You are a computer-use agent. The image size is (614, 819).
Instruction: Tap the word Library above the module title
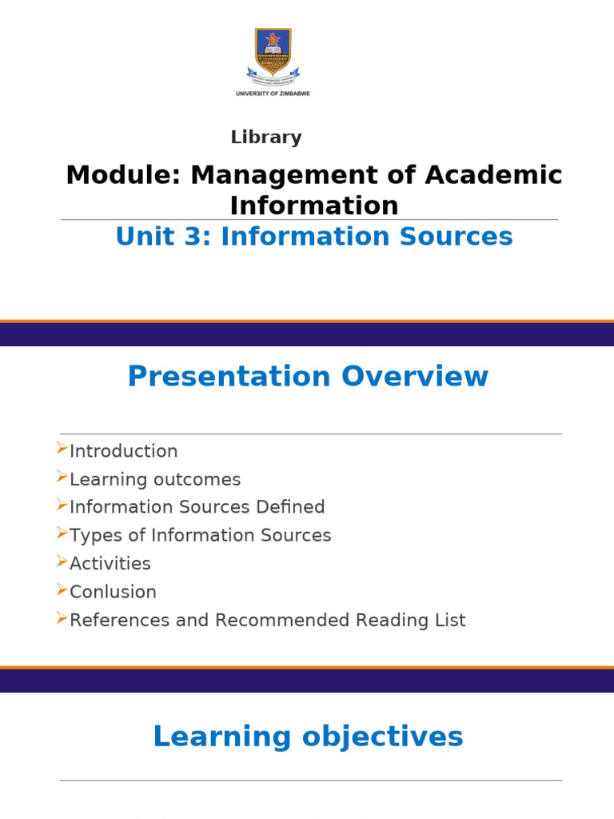tap(266, 138)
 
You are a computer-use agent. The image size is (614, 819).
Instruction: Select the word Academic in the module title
tap(496, 175)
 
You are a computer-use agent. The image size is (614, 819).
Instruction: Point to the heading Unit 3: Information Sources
tap(314, 237)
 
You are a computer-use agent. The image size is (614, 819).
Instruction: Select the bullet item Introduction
tap(123, 451)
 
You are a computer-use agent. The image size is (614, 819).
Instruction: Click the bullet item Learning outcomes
tap(154, 480)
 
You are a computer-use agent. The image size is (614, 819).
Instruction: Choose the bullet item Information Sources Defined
tap(197, 507)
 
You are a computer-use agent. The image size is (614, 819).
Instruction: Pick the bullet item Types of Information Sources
tap(200, 535)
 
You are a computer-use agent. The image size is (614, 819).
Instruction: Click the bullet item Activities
tap(110, 564)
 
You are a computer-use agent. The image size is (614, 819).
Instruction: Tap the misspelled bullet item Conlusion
tap(113, 592)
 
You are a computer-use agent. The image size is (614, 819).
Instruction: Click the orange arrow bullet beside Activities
tap(62, 561)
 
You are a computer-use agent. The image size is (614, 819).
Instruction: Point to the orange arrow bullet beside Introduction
tap(62, 449)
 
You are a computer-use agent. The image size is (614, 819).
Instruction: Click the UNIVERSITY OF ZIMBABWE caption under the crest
tap(272, 94)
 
